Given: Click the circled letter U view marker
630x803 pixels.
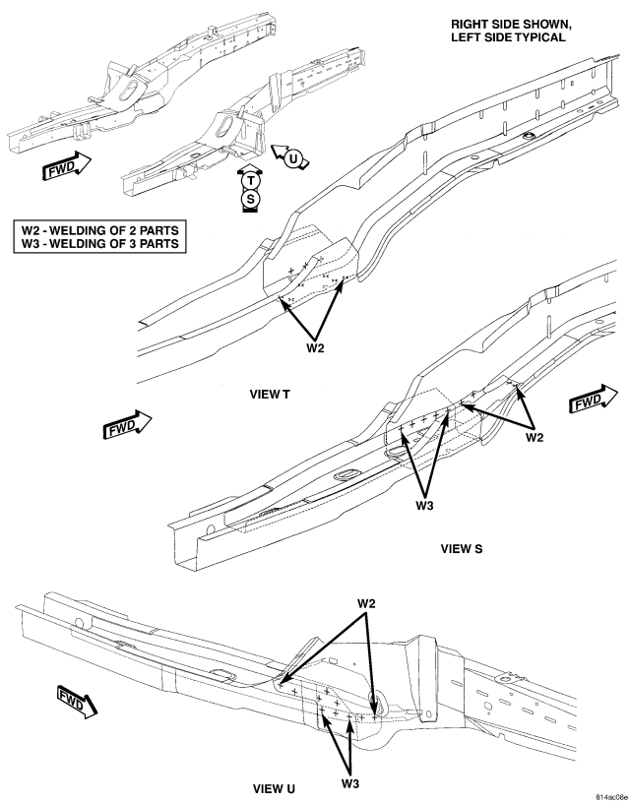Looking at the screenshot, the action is click(x=293, y=158).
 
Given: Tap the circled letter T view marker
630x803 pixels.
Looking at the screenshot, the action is click(x=250, y=180).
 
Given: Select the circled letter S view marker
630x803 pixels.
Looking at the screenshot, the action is click(x=250, y=199).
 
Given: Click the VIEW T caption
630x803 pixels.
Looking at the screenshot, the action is click(x=270, y=395).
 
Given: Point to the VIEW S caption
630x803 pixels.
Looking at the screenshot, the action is click(x=462, y=549).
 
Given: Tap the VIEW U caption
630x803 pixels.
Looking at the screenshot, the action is click(x=274, y=789).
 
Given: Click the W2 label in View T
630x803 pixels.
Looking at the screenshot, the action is click(x=316, y=348).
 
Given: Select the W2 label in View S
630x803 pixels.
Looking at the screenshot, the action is click(x=535, y=437).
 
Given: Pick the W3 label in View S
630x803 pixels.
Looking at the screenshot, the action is click(x=424, y=506).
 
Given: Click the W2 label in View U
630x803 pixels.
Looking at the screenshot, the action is click(x=366, y=604).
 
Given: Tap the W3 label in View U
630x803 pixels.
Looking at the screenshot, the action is click(x=350, y=783).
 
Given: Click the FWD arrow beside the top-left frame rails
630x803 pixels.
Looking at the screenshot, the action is click(x=66, y=165).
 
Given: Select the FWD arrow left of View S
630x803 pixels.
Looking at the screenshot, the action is click(x=127, y=424).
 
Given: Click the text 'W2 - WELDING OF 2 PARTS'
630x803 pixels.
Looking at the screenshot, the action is click(x=99, y=230).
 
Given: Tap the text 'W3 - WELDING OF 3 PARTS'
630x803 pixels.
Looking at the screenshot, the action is click(x=99, y=244).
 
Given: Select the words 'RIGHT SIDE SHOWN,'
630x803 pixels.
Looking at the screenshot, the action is click(x=511, y=25).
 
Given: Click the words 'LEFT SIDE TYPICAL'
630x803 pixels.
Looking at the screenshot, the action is click(x=508, y=37).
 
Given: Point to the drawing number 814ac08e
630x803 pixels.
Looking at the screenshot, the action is click(x=611, y=797).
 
